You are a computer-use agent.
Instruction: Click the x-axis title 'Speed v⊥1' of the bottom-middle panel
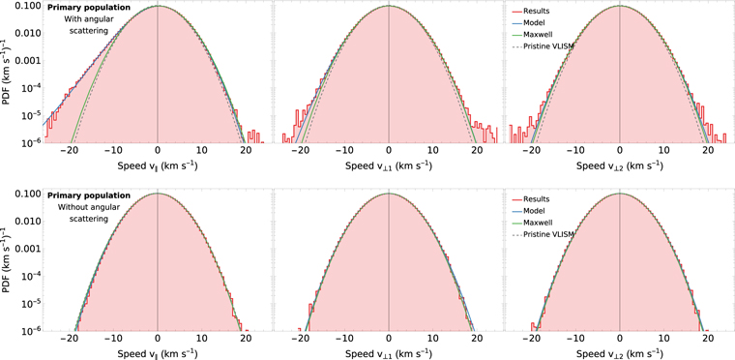pos(388,353)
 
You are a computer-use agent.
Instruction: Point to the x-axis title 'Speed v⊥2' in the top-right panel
pos(619,165)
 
